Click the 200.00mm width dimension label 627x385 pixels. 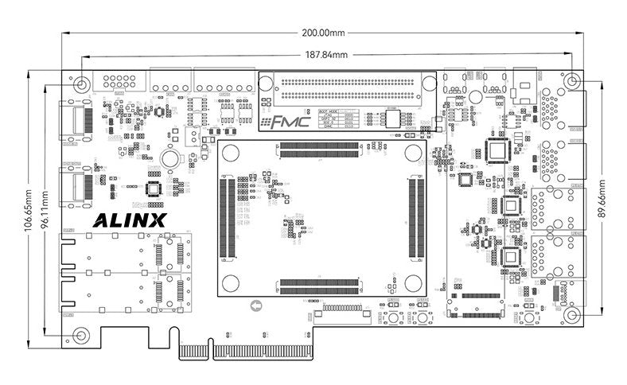pyautogui.click(x=323, y=33)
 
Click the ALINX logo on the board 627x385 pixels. pyautogui.click(x=130, y=220)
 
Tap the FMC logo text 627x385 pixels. pyautogui.click(x=279, y=123)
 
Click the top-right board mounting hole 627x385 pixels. pyautogui.click(x=571, y=82)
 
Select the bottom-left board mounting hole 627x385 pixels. pyautogui.click(x=81, y=334)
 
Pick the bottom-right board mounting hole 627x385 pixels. pyautogui.click(x=571, y=314)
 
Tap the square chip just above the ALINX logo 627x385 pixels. pyautogui.click(x=154, y=189)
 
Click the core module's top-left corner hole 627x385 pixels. pyautogui.click(x=232, y=154)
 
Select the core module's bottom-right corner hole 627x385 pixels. pyautogui.click(x=413, y=282)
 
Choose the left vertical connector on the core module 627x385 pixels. pyautogui.click(x=228, y=217)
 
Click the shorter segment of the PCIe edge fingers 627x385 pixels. pyautogui.click(x=193, y=351)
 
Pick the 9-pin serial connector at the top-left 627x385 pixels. pyautogui.click(x=118, y=82)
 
